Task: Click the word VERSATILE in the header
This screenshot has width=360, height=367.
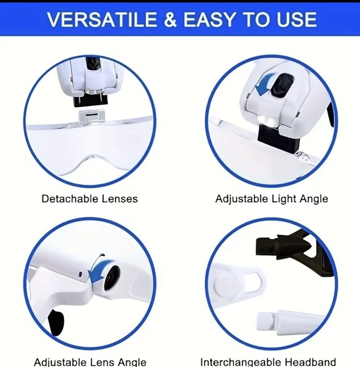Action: point(102,19)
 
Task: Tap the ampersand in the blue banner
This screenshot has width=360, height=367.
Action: point(170,19)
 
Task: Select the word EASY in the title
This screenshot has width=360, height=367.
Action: point(209,19)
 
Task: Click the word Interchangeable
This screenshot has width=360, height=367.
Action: point(241,362)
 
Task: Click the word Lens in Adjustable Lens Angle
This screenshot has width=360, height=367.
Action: point(102,362)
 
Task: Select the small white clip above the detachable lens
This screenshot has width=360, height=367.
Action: point(90,116)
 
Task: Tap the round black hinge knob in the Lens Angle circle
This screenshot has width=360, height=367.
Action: point(112,278)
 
